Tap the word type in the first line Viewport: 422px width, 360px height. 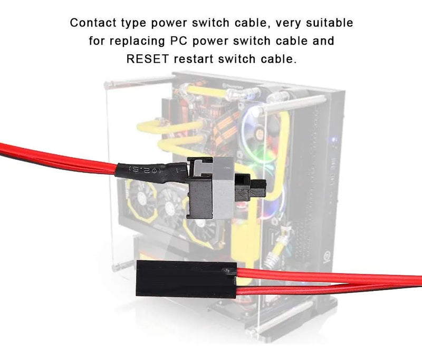tap(136, 24)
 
